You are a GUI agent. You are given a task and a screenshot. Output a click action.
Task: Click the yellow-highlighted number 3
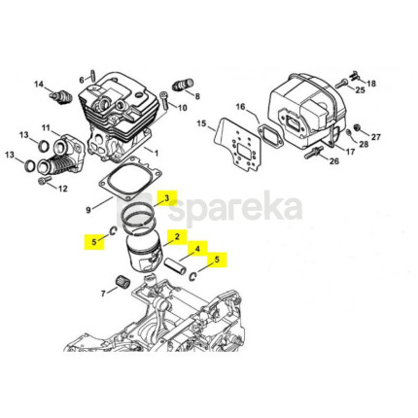[x=167, y=198]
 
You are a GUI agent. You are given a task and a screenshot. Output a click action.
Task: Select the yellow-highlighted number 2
[x=177, y=236]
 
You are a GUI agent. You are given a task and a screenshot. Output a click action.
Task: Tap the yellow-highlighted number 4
[x=197, y=249]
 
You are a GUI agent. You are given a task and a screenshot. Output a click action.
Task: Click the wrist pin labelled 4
[x=175, y=265]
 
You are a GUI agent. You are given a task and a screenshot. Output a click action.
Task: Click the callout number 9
[x=88, y=210]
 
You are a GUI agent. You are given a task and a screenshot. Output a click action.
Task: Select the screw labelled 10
[x=164, y=101]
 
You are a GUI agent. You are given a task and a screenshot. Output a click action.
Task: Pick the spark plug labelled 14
[x=58, y=96]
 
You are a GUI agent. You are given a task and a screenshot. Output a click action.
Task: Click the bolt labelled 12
[x=44, y=181]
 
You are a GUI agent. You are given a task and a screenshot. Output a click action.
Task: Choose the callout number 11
[x=46, y=127]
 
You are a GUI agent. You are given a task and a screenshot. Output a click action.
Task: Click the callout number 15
[x=201, y=123]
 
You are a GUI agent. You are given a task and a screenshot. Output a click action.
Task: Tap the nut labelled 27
[x=357, y=126]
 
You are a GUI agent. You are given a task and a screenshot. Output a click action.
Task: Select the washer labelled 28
[x=348, y=132]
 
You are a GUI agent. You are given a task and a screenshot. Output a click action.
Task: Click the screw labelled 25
[x=341, y=84]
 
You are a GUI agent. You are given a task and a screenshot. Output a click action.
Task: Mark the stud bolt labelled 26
[x=313, y=153]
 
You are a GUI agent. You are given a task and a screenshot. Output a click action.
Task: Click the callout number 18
[x=371, y=84]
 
